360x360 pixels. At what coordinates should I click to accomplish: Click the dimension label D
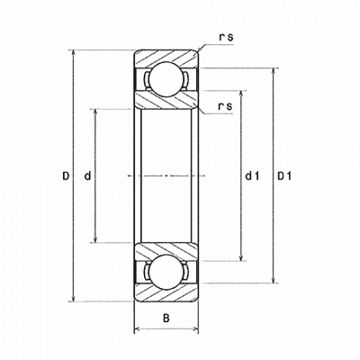(66, 175)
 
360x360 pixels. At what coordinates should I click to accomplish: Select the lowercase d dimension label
(87, 175)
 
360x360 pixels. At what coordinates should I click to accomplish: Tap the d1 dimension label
(252, 175)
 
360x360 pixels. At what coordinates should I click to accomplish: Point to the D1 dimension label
(283, 175)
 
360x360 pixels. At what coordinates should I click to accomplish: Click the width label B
(166, 318)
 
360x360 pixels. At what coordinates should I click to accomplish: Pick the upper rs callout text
(226, 38)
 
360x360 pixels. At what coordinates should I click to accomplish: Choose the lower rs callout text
(226, 106)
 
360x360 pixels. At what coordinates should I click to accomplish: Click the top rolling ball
(166, 79)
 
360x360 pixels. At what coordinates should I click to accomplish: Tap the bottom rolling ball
(166, 272)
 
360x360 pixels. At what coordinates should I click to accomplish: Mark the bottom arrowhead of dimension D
(73, 298)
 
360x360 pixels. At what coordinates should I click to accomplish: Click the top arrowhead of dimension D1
(274, 72)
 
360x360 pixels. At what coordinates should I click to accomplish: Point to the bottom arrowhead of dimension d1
(240, 257)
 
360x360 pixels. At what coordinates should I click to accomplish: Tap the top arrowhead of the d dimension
(95, 113)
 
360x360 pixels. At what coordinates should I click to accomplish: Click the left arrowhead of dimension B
(138, 329)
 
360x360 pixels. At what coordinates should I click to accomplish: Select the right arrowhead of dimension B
(194, 329)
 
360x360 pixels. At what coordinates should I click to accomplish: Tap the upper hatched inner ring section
(166, 101)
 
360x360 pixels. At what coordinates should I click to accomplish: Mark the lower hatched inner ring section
(166, 250)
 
